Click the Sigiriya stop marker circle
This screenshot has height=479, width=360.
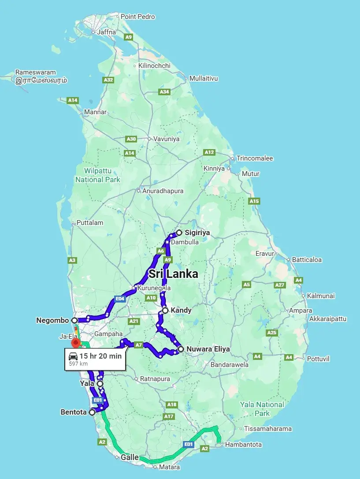pyautogui.click(x=179, y=232)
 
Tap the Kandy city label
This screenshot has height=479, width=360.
pyautogui.click(x=181, y=311)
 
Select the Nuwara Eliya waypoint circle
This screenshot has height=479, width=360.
pyautogui.click(x=181, y=349)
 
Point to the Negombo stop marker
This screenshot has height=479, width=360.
pyautogui.click(x=74, y=320)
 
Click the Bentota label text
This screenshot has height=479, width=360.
pyautogui.click(x=73, y=412)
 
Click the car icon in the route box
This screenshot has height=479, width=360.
pyautogui.click(x=73, y=356)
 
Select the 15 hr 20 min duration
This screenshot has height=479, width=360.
pyautogui.click(x=100, y=356)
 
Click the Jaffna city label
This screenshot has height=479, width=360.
pyautogui.click(x=107, y=32)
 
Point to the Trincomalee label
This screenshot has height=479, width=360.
pyautogui.click(x=255, y=158)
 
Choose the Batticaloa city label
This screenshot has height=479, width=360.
pyautogui.click(x=307, y=260)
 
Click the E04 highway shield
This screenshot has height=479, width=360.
pyautogui.click(x=119, y=299)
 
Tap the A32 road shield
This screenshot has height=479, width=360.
pyautogui.click(x=108, y=80)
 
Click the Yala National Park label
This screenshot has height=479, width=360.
pyautogui.click(x=262, y=409)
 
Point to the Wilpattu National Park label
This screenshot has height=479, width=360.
pyautogui.click(x=97, y=175)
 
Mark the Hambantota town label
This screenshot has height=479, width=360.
pyautogui.click(x=243, y=445)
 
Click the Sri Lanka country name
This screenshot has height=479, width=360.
pyautogui.click(x=173, y=274)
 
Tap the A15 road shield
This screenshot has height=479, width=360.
pyautogui.click(x=254, y=201)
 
